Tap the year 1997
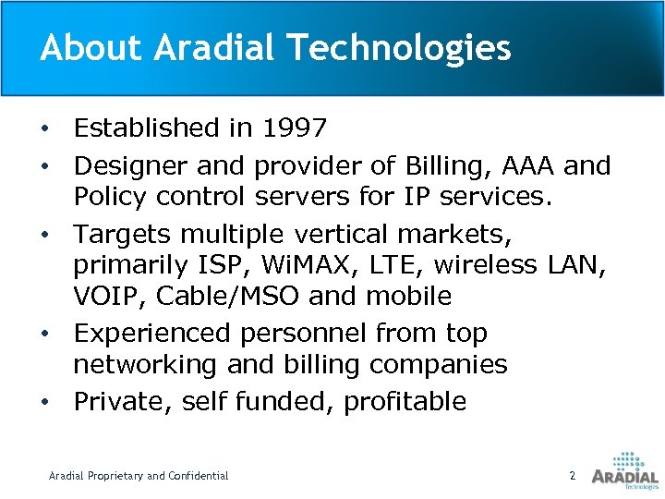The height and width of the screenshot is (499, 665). tap(294, 127)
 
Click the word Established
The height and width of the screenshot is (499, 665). tap(151, 127)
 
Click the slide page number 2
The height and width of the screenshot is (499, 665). tap(573, 475)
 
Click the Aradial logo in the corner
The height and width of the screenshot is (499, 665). tap(624, 469)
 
